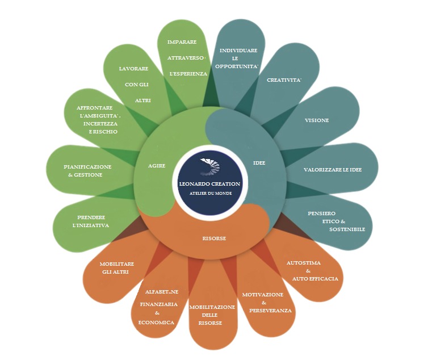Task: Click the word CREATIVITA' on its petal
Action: [x=284, y=80]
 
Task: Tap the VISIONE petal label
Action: [x=316, y=120]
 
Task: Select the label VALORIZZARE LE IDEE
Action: [x=332, y=170]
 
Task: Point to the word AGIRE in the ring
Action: [x=157, y=166]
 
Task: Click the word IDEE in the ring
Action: [x=259, y=163]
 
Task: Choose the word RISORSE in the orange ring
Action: [x=214, y=238]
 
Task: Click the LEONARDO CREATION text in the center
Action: [x=209, y=184]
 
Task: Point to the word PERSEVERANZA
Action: [x=270, y=311]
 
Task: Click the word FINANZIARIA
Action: [x=159, y=304]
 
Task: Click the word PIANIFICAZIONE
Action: [x=87, y=167]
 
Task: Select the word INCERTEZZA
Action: [x=100, y=123]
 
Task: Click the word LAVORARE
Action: [x=133, y=69]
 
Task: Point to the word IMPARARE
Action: [x=182, y=42]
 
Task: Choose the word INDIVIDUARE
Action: [x=238, y=51]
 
